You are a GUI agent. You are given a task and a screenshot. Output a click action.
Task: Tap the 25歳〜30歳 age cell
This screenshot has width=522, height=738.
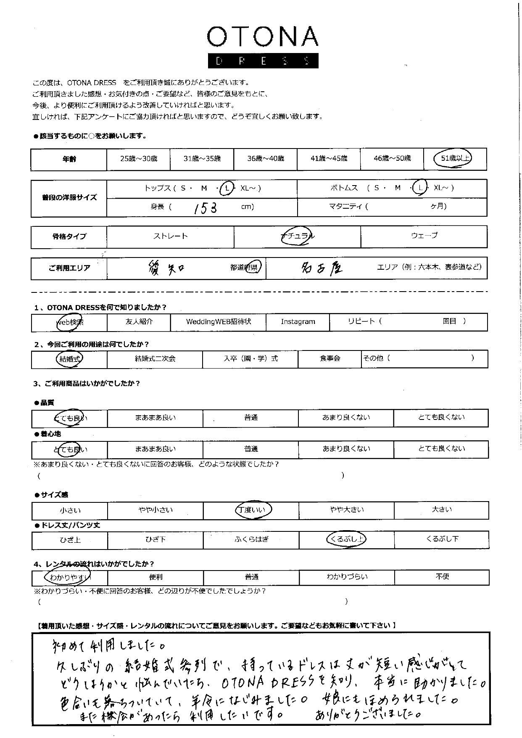(x=138, y=159)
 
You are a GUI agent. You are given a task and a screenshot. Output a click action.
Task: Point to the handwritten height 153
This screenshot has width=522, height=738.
(x=206, y=207)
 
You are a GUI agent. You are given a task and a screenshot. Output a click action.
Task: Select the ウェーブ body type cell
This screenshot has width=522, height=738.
(x=424, y=236)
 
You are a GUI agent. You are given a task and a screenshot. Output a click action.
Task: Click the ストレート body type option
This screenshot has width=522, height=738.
(x=170, y=236)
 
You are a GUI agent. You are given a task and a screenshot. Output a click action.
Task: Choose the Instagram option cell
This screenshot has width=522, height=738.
(x=298, y=322)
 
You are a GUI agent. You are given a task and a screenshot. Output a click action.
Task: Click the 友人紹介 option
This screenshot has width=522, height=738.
(x=139, y=322)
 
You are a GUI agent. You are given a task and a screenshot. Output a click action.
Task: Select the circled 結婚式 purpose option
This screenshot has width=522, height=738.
(x=70, y=359)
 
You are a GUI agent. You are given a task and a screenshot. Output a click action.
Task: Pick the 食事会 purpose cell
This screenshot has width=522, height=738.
(x=330, y=359)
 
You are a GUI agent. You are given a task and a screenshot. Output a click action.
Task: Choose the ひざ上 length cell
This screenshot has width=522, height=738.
(x=70, y=540)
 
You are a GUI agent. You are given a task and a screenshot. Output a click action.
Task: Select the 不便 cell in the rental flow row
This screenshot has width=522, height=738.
(x=442, y=577)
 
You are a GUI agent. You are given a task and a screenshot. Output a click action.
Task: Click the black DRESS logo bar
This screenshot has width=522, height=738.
(x=263, y=61)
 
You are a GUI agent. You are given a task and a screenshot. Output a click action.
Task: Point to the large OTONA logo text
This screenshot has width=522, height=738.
(x=263, y=37)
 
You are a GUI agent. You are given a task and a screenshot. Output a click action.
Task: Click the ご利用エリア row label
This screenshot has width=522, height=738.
(x=69, y=268)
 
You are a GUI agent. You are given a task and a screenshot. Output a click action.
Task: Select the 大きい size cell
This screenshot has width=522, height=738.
(x=441, y=510)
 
